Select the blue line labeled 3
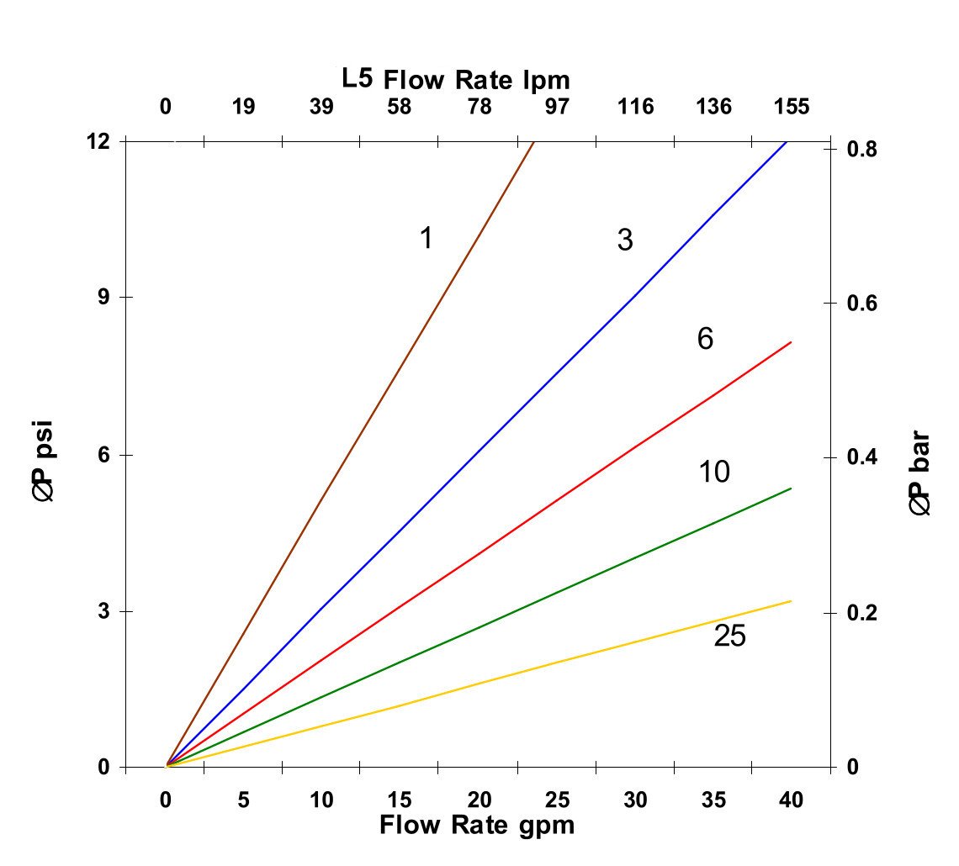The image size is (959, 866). tap(479, 454)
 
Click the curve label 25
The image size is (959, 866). tap(729, 636)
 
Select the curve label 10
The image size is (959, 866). tap(714, 473)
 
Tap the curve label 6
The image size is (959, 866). tap(705, 339)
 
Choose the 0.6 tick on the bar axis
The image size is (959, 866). tap(861, 303)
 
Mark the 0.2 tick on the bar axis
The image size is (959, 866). tap(861, 612)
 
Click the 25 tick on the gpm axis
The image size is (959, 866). tap(557, 800)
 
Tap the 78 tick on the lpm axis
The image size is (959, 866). tap(479, 108)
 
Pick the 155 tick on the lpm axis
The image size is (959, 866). tap(792, 108)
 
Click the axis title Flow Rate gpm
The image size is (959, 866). tap(477, 825)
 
